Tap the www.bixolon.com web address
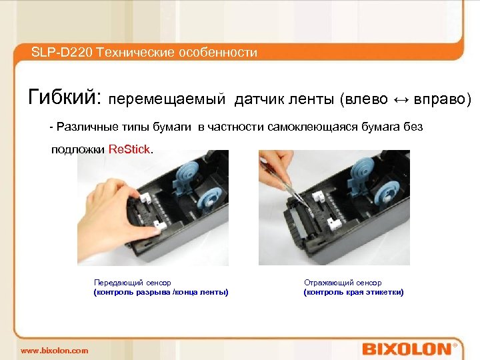point(54,351)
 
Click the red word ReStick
point(129,149)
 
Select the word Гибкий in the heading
point(64,97)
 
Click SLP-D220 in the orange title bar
point(61,53)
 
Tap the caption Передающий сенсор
point(132,283)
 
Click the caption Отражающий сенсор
point(343,283)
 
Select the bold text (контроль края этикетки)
point(353,293)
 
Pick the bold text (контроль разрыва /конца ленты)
point(161,293)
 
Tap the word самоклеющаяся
point(312,127)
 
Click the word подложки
point(78,150)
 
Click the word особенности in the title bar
point(218,53)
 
